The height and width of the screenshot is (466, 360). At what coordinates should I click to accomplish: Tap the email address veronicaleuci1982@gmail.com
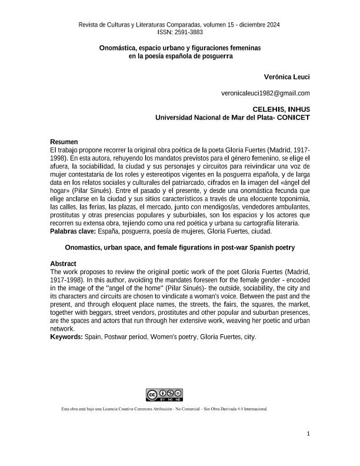[265, 93]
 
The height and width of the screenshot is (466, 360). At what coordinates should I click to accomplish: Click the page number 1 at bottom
[308, 434]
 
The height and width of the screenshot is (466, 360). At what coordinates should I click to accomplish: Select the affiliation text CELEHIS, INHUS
[281, 109]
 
